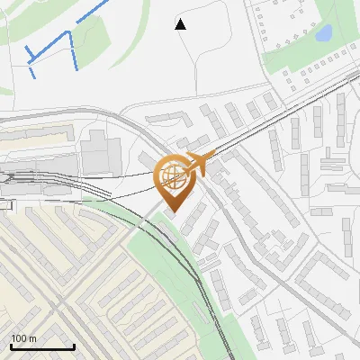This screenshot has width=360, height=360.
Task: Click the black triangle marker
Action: click(x=181, y=24)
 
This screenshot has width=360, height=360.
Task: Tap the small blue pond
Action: click(x=323, y=34)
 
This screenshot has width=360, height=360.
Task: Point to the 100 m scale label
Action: click(x=23, y=338)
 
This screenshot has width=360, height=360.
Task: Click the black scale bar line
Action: click(x=42, y=347)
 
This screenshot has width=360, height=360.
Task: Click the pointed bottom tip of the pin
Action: click(x=172, y=211)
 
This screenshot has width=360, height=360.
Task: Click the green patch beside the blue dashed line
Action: click(x=90, y=36)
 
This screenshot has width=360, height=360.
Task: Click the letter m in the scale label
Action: click(x=32, y=338)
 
